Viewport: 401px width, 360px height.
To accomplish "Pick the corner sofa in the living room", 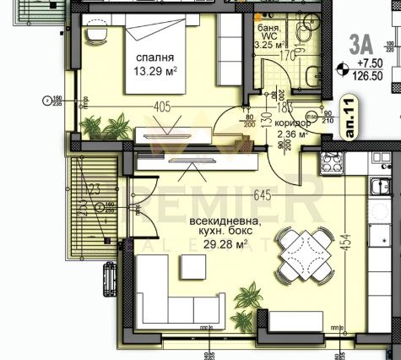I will pyautogui.click(x=169, y=292).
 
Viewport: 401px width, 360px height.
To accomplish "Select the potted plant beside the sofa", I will pyautogui.click(x=248, y=298).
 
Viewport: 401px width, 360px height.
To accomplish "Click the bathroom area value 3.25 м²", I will pyautogui.click(x=270, y=46).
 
